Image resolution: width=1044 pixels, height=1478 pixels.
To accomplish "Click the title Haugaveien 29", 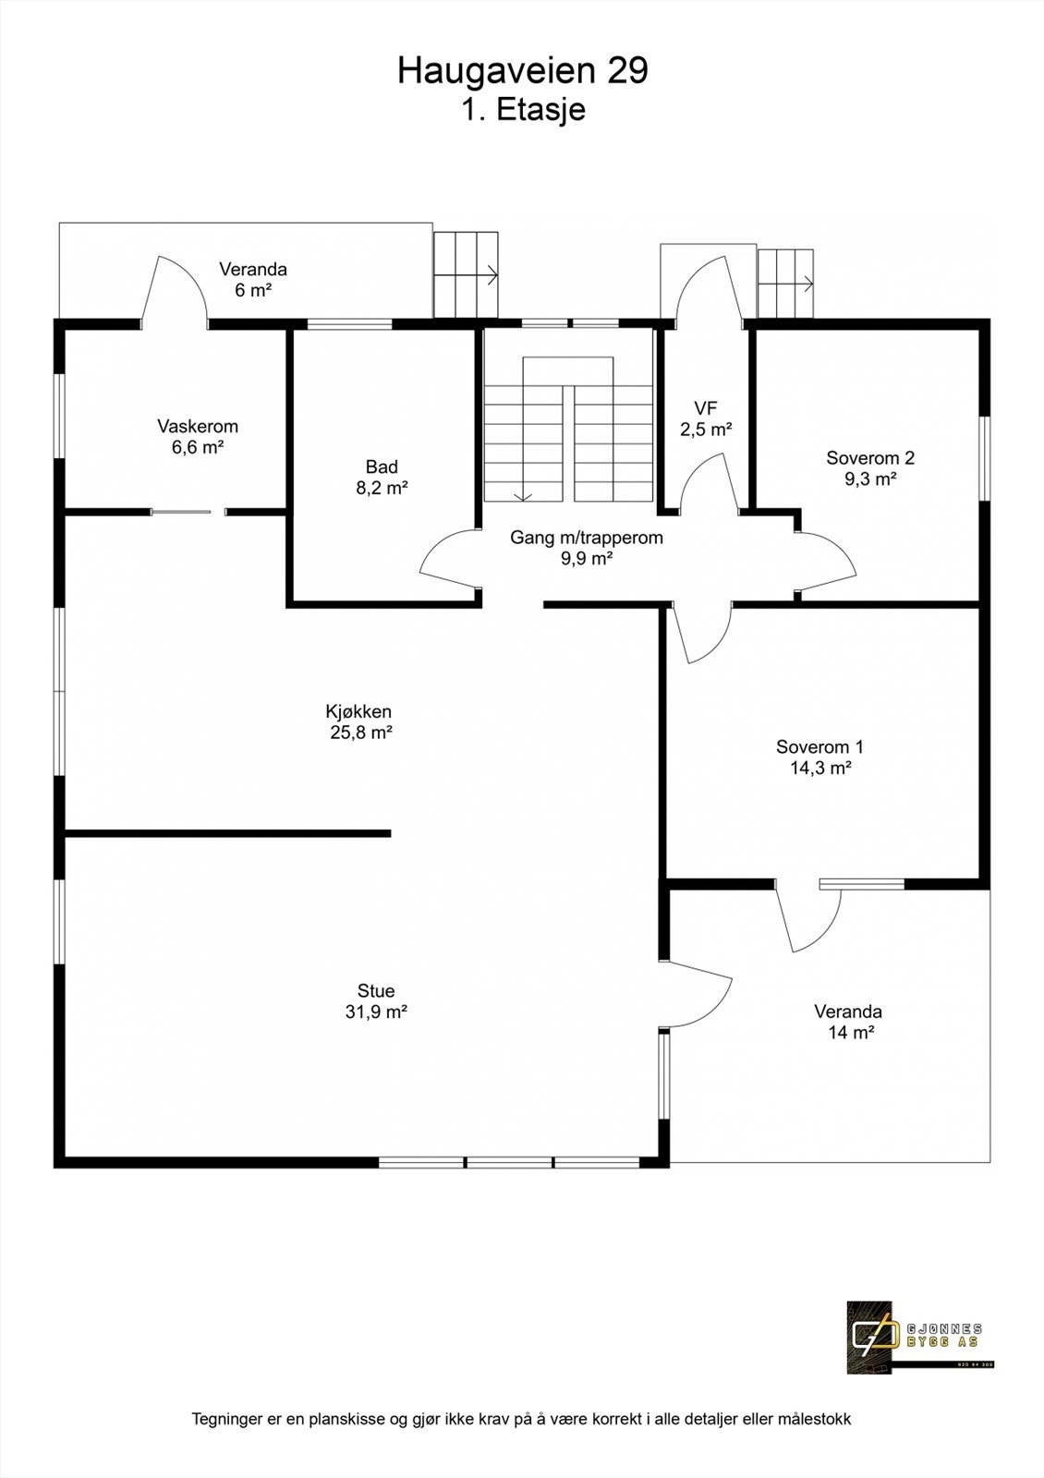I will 522,71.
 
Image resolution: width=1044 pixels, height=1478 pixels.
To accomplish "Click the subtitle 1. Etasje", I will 523,110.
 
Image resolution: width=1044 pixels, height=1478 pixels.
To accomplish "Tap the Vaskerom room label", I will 198,427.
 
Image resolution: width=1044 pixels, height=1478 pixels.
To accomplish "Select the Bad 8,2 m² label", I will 382,478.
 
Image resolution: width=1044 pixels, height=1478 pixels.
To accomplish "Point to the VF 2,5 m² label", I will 706,418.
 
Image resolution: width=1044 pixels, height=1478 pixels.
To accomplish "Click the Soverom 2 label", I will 870,458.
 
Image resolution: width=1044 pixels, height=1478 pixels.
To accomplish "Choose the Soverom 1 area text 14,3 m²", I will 820,768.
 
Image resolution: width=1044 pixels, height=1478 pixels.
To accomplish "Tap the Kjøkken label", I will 358,711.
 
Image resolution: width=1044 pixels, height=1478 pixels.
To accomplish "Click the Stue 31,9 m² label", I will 376,1001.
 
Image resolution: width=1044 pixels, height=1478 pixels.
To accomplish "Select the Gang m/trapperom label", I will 586,538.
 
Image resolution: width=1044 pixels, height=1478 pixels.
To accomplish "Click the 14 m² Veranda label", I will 847,1022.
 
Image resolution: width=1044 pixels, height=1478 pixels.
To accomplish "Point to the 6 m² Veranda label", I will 252,279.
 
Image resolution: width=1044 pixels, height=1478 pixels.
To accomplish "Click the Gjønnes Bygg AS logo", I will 914,1336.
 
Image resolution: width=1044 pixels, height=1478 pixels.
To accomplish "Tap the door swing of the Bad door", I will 443,562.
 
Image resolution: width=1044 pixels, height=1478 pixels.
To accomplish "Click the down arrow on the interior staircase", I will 523,493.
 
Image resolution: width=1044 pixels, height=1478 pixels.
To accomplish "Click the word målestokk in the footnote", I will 815,1419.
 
